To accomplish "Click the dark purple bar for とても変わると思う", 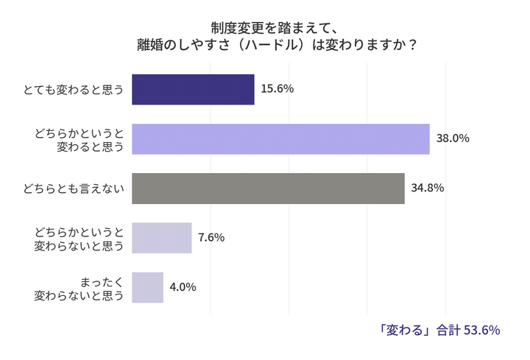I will pyautogui.click(x=193, y=89).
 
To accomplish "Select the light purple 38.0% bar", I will pyautogui.click(x=280, y=138).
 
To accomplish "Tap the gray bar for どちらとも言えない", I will pyautogui.click(x=268, y=188).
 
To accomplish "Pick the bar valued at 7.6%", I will pyautogui.click(x=161, y=238).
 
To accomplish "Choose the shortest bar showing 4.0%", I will pyautogui.click(x=147, y=287).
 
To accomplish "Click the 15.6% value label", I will pyautogui.click(x=278, y=89).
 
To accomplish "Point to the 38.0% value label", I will pyautogui.click(x=453, y=138).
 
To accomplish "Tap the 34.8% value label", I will pyautogui.click(x=428, y=188).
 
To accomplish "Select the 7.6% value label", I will pyautogui.click(x=211, y=238).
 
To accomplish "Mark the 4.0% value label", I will pyautogui.click(x=183, y=287).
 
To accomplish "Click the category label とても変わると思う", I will pyautogui.click(x=74, y=90).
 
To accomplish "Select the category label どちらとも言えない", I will pyautogui.click(x=74, y=188).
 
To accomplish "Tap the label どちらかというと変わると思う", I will pyautogui.click(x=79, y=139).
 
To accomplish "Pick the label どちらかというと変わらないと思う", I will pyautogui.click(x=79, y=239).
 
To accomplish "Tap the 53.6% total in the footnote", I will pyautogui.click(x=482, y=329).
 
